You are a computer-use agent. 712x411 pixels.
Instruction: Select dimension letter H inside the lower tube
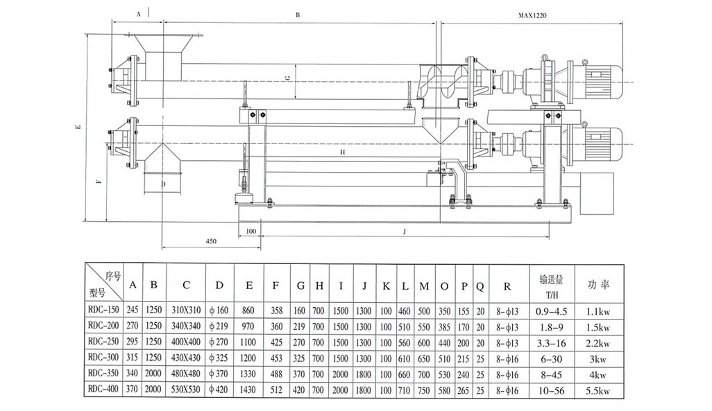click(x=342, y=150)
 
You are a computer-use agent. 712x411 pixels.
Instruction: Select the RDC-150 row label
click(x=103, y=310)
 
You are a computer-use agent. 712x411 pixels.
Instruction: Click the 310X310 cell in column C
click(x=186, y=310)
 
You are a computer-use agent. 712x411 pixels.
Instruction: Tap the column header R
click(x=507, y=285)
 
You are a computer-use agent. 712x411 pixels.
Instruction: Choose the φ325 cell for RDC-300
click(x=219, y=358)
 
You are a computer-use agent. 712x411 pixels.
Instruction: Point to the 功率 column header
click(x=595, y=285)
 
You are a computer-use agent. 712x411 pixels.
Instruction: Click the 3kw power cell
click(x=595, y=358)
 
